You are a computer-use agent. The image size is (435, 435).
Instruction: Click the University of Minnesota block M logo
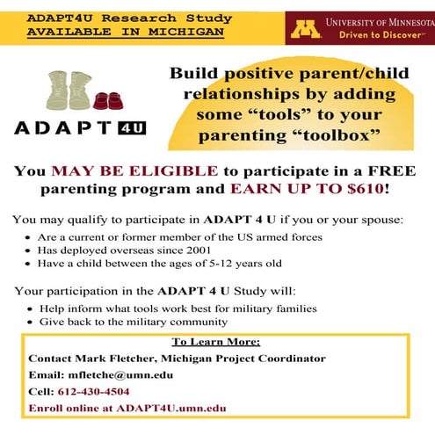click(x=305, y=29)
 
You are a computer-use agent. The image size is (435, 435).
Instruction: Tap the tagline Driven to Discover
click(x=380, y=35)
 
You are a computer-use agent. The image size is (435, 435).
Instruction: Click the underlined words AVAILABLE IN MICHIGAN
click(x=126, y=32)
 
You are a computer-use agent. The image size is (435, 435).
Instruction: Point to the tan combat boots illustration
click(x=69, y=91)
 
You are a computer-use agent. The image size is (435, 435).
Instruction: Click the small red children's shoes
click(x=108, y=101)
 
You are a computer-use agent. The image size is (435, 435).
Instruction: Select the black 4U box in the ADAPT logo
click(x=132, y=128)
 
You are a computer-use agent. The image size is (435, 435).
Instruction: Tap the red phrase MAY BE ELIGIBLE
click(x=134, y=171)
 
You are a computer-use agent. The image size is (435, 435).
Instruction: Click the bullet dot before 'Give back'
click(x=29, y=323)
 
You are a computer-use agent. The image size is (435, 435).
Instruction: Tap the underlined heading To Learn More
click(x=216, y=342)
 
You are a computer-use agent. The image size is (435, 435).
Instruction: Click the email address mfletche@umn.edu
click(x=120, y=375)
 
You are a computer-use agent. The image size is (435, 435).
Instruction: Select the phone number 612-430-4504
click(x=93, y=391)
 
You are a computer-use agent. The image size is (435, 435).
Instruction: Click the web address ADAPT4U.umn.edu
click(x=171, y=408)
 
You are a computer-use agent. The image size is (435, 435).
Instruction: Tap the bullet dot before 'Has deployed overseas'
click(x=27, y=250)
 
